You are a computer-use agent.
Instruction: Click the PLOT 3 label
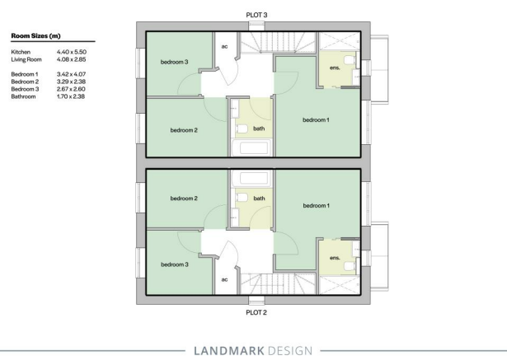click(256, 15)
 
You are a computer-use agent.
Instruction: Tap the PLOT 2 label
click(256, 312)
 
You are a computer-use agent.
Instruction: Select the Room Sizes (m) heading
click(36, 36)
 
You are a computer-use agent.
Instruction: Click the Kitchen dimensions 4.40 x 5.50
click(72, 52)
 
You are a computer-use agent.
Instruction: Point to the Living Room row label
click(26, 59)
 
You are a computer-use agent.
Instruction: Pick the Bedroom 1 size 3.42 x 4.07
click(71, 74)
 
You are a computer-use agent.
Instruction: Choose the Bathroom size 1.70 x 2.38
click(71, 96)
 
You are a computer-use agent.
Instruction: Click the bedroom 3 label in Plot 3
click(174, 62)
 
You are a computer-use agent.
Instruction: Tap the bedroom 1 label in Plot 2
click(317, 205)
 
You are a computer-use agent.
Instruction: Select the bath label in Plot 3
click(259, 129)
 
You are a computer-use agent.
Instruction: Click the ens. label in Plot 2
click(335, 258)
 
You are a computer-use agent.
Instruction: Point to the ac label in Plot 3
click(224, 46)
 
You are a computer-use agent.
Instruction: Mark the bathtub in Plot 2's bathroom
click(251, 178)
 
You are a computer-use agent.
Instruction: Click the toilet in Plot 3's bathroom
click(242, 129)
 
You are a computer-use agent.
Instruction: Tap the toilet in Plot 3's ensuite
click(349, 60)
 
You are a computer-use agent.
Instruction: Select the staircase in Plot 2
click(278, 283)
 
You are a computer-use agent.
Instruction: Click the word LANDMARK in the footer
click(229, 351)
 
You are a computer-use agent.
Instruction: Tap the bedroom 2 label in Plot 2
click(184, 199)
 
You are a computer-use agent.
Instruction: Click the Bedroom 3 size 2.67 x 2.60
click(71, 89)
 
